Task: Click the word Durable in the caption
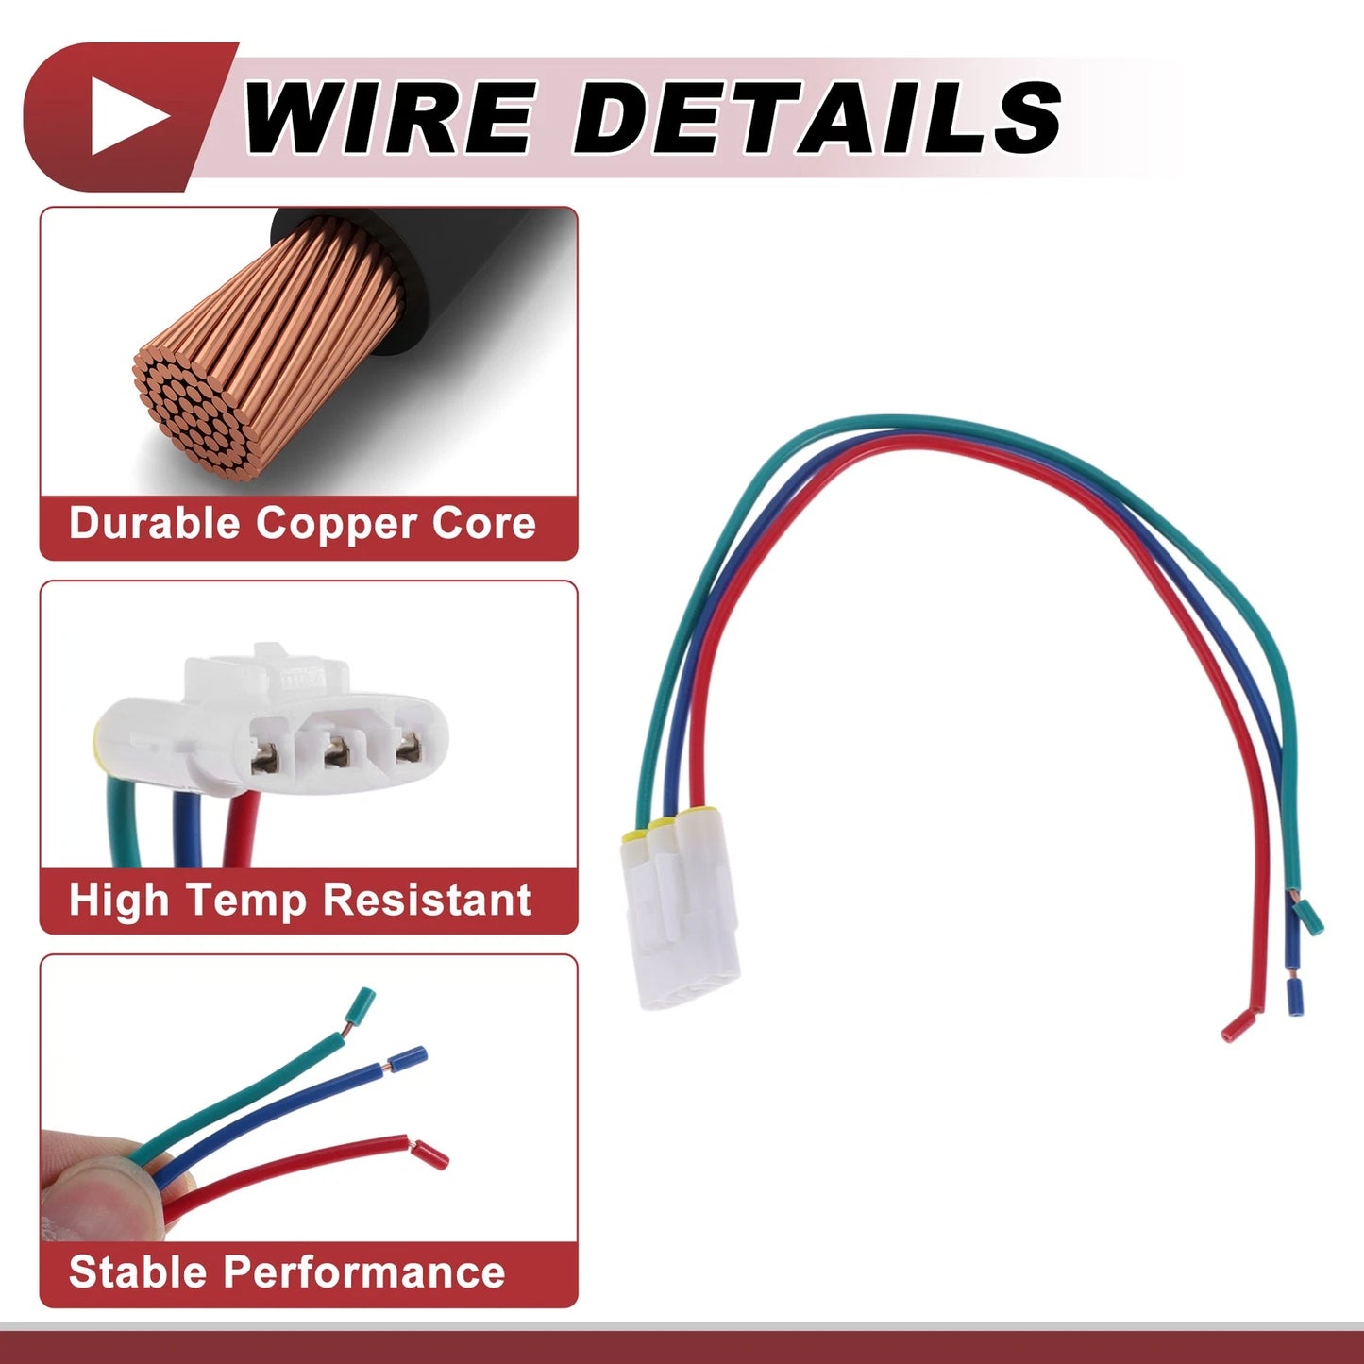tap(155, 524)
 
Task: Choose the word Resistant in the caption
tap(427, 901)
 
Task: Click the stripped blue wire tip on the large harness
tap(1295, 997)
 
